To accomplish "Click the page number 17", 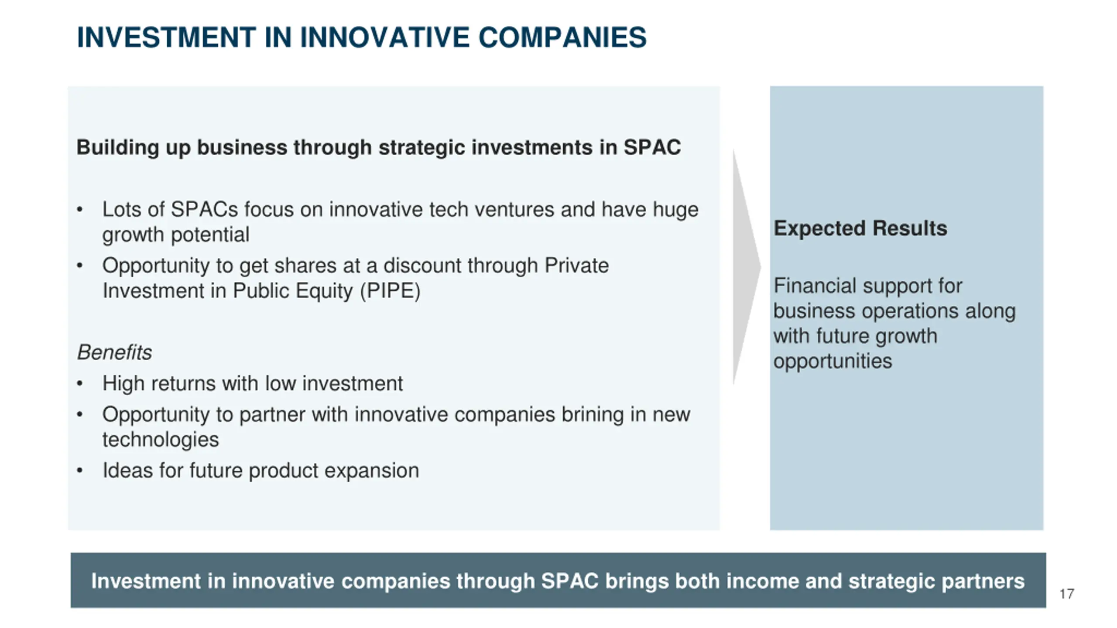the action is [1067, 594].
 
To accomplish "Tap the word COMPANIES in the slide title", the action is [562, 37].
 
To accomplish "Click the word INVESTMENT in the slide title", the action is [166, 37].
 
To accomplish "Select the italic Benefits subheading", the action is [114, 352].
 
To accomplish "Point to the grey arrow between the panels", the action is [746, 267].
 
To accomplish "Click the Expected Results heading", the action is [860, 228].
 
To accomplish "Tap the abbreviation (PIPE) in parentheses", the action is [390, 291].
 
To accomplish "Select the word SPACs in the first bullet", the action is [204, 209].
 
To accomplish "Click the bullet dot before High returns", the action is [79, 384].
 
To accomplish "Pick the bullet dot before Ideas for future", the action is [79, 471].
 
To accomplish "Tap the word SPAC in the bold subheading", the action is [652, 147].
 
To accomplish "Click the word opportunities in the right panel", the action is [833, 362].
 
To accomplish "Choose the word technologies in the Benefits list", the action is [161, 440].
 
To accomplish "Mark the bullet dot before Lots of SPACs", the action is [79, 210].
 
